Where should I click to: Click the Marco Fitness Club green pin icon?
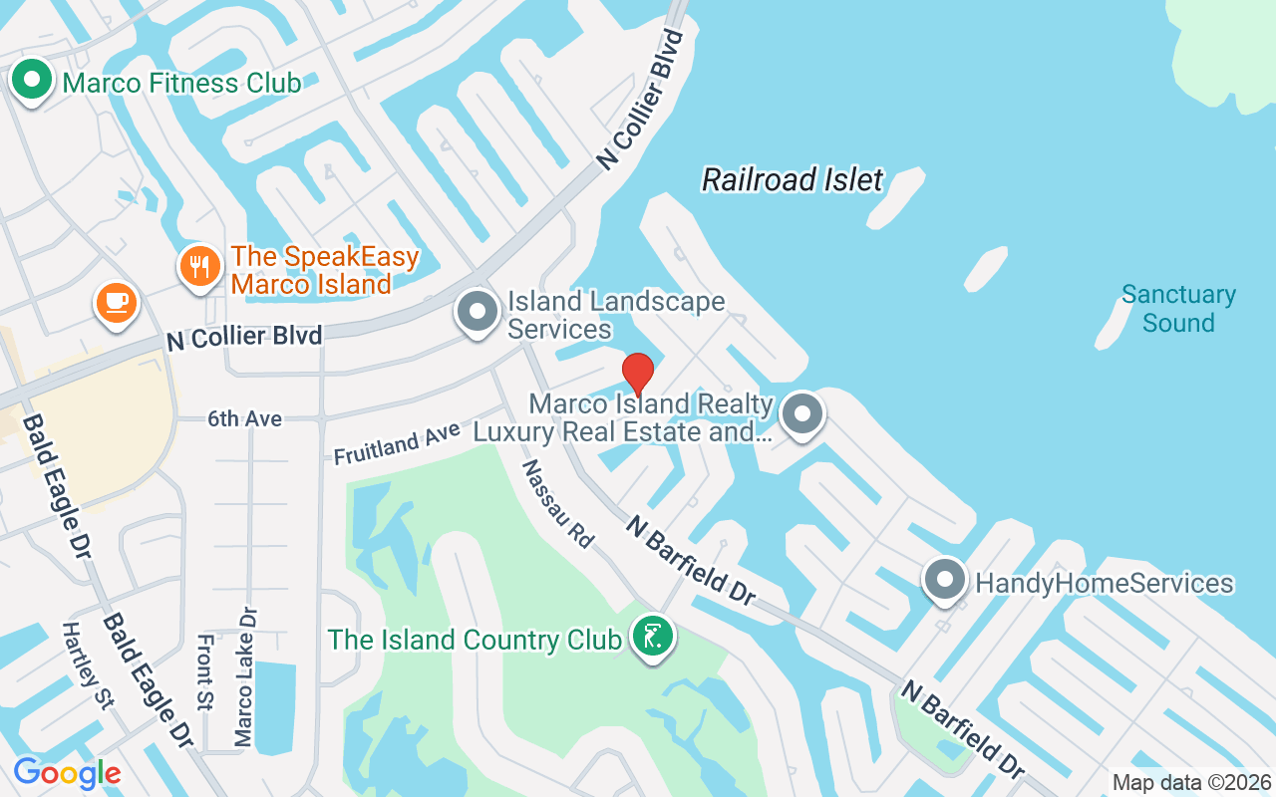32,80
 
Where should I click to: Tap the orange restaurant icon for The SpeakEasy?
200,266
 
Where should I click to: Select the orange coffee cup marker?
117,301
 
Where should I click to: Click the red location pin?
638,374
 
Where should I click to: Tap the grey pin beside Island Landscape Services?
478,311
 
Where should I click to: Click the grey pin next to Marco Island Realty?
801,413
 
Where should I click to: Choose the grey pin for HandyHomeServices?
945,579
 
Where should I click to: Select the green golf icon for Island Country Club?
653,637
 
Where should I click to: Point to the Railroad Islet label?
793,180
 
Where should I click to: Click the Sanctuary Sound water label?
1178,309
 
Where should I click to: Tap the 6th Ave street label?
244,419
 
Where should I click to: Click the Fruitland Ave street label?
397,442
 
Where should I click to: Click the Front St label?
205,672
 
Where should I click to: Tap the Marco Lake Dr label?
244,677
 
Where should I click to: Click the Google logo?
67,773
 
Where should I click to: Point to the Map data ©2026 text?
1192,783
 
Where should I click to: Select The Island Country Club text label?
475,640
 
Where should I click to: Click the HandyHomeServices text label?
1105,584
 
